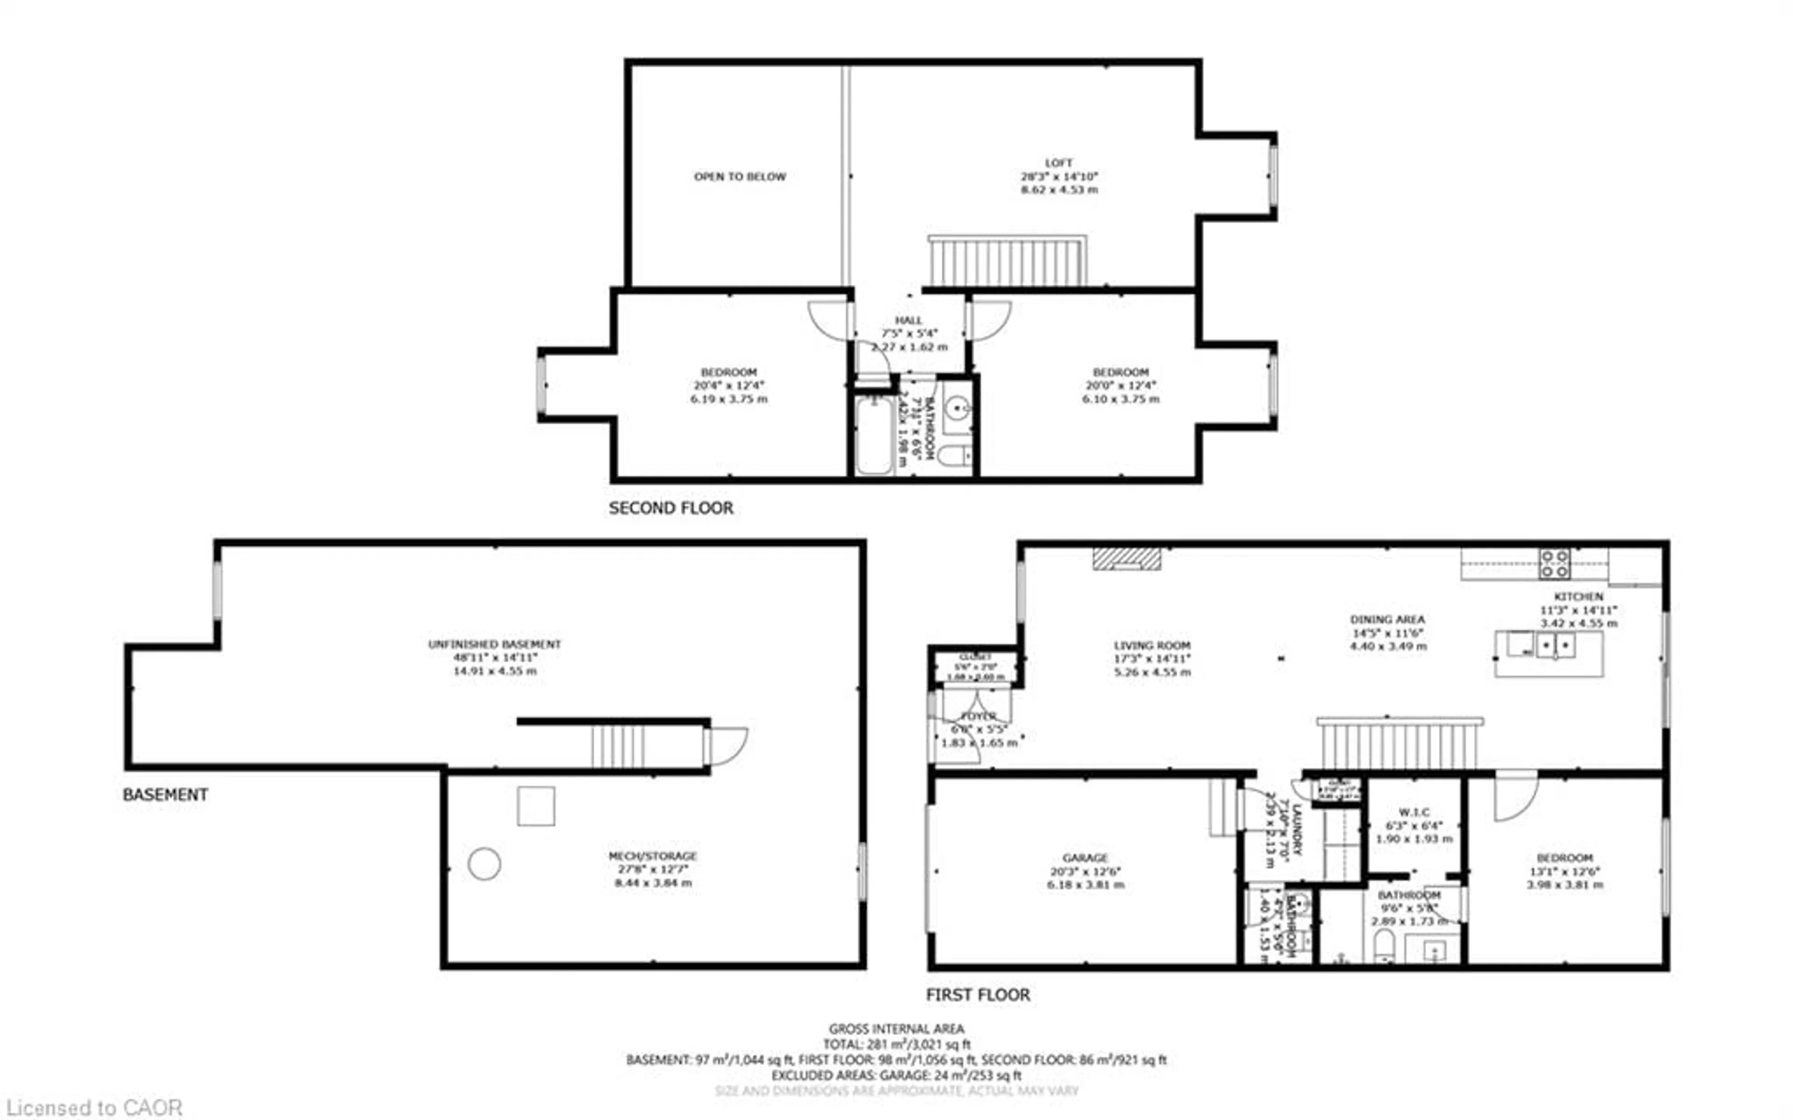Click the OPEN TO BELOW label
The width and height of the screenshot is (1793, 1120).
[740, 176]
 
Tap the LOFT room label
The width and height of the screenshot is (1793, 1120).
[1059, 162]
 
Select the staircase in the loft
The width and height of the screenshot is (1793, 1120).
[1008, 261]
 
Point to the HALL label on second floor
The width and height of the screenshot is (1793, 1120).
[908, 320]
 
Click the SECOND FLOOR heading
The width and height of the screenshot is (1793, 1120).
[671, 508]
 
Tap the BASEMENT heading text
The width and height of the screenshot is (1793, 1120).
[164, 795]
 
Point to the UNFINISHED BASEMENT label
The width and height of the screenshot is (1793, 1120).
[494, 644]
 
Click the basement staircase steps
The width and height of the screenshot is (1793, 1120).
[617, 747]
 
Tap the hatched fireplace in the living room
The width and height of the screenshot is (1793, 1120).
[1126, 559]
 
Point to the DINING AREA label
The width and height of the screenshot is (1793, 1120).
[1387, 619]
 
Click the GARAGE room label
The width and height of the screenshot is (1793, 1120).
[1085, 858]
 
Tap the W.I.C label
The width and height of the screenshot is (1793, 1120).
[1414, 812]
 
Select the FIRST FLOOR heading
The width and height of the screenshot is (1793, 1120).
[977, 995]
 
